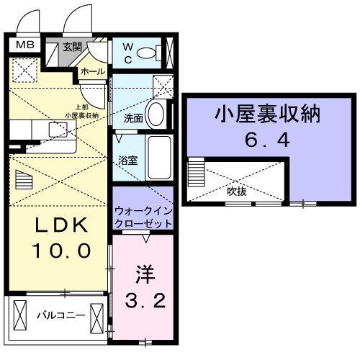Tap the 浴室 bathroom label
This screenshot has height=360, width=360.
pos(128,163)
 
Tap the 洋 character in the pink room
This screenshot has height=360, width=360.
pos(143,275)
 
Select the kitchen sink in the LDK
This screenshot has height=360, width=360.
pos(57,130)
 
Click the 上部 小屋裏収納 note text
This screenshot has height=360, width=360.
pos(81,111)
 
